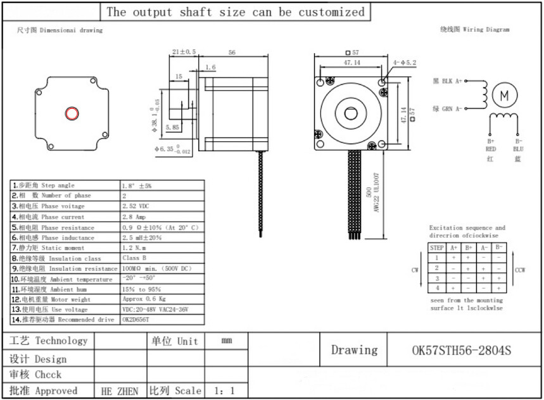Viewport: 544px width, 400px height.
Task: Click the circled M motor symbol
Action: pos(505,96)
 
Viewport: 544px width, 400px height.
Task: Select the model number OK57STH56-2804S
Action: pos(460,350)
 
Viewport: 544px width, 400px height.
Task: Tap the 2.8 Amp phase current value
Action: pos(134,217)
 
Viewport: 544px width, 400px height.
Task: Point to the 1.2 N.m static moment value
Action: pos(135,248)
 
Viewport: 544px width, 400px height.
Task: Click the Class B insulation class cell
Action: pos(134,258)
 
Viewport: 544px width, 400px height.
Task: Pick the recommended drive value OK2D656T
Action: pos(136,320)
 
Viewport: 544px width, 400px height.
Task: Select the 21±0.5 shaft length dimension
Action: pos(184,52)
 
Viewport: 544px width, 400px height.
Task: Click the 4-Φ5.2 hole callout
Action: pos(404,63)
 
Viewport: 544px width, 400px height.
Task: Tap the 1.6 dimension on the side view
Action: pos(210,67)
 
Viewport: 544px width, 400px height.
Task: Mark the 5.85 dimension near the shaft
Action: pos(172,127)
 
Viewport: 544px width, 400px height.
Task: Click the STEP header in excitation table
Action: pos(437,247)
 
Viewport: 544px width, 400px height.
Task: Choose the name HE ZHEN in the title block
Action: pos(120,391)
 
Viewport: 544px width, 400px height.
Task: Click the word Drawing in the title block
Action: pos(354,350)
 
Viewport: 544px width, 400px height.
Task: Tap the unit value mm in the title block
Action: pos(226,341)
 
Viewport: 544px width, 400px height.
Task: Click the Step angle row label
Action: pos(58,186)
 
